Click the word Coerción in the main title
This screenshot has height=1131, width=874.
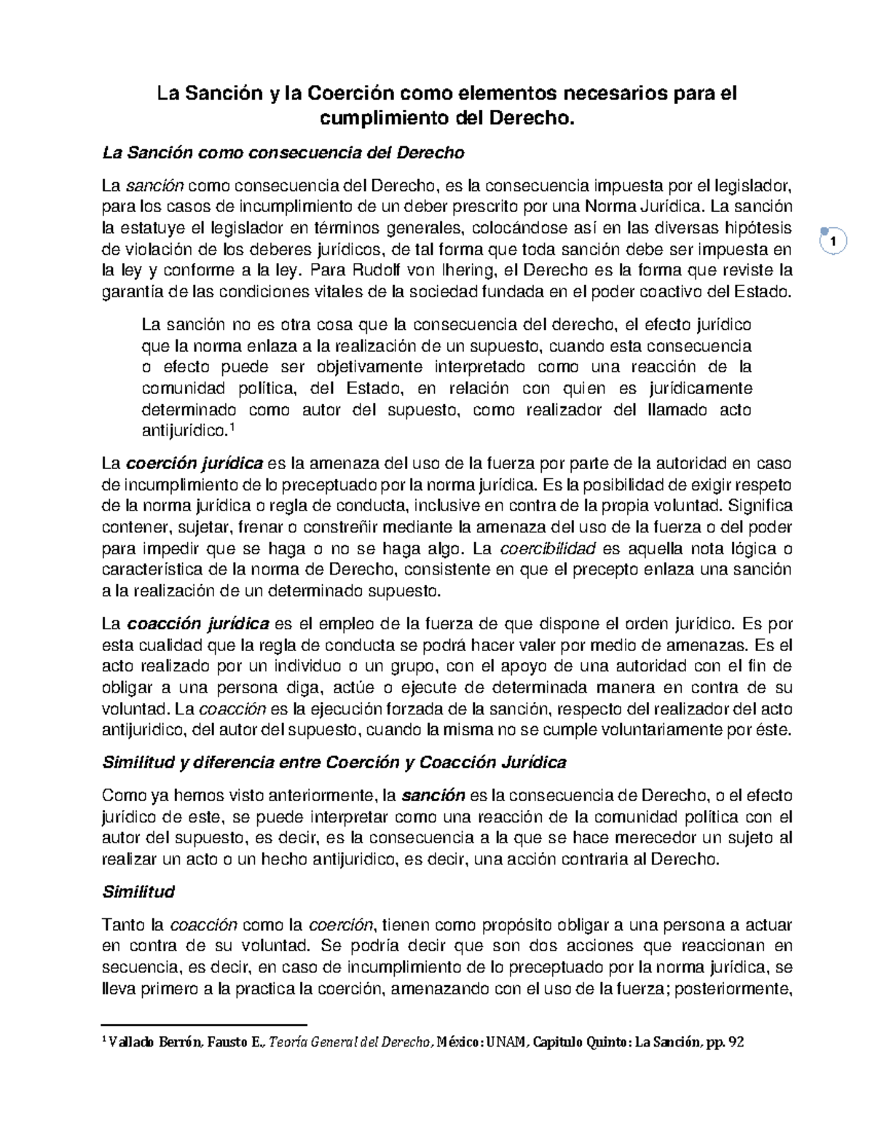pyautogui.click(x=346, y=94)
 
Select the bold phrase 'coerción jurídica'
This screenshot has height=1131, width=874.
pyautogui.click(x=194, y=463)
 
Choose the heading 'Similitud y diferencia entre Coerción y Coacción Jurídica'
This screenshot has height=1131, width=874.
pyautogui.click(x=334, y=762)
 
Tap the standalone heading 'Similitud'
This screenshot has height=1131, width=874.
pyautogui.click(x=138, y=891)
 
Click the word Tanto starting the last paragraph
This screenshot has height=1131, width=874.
pyautogui.click(x=123, y=925)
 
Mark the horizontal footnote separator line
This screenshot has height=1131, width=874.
pyautogui.click(x=205, y=1024)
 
